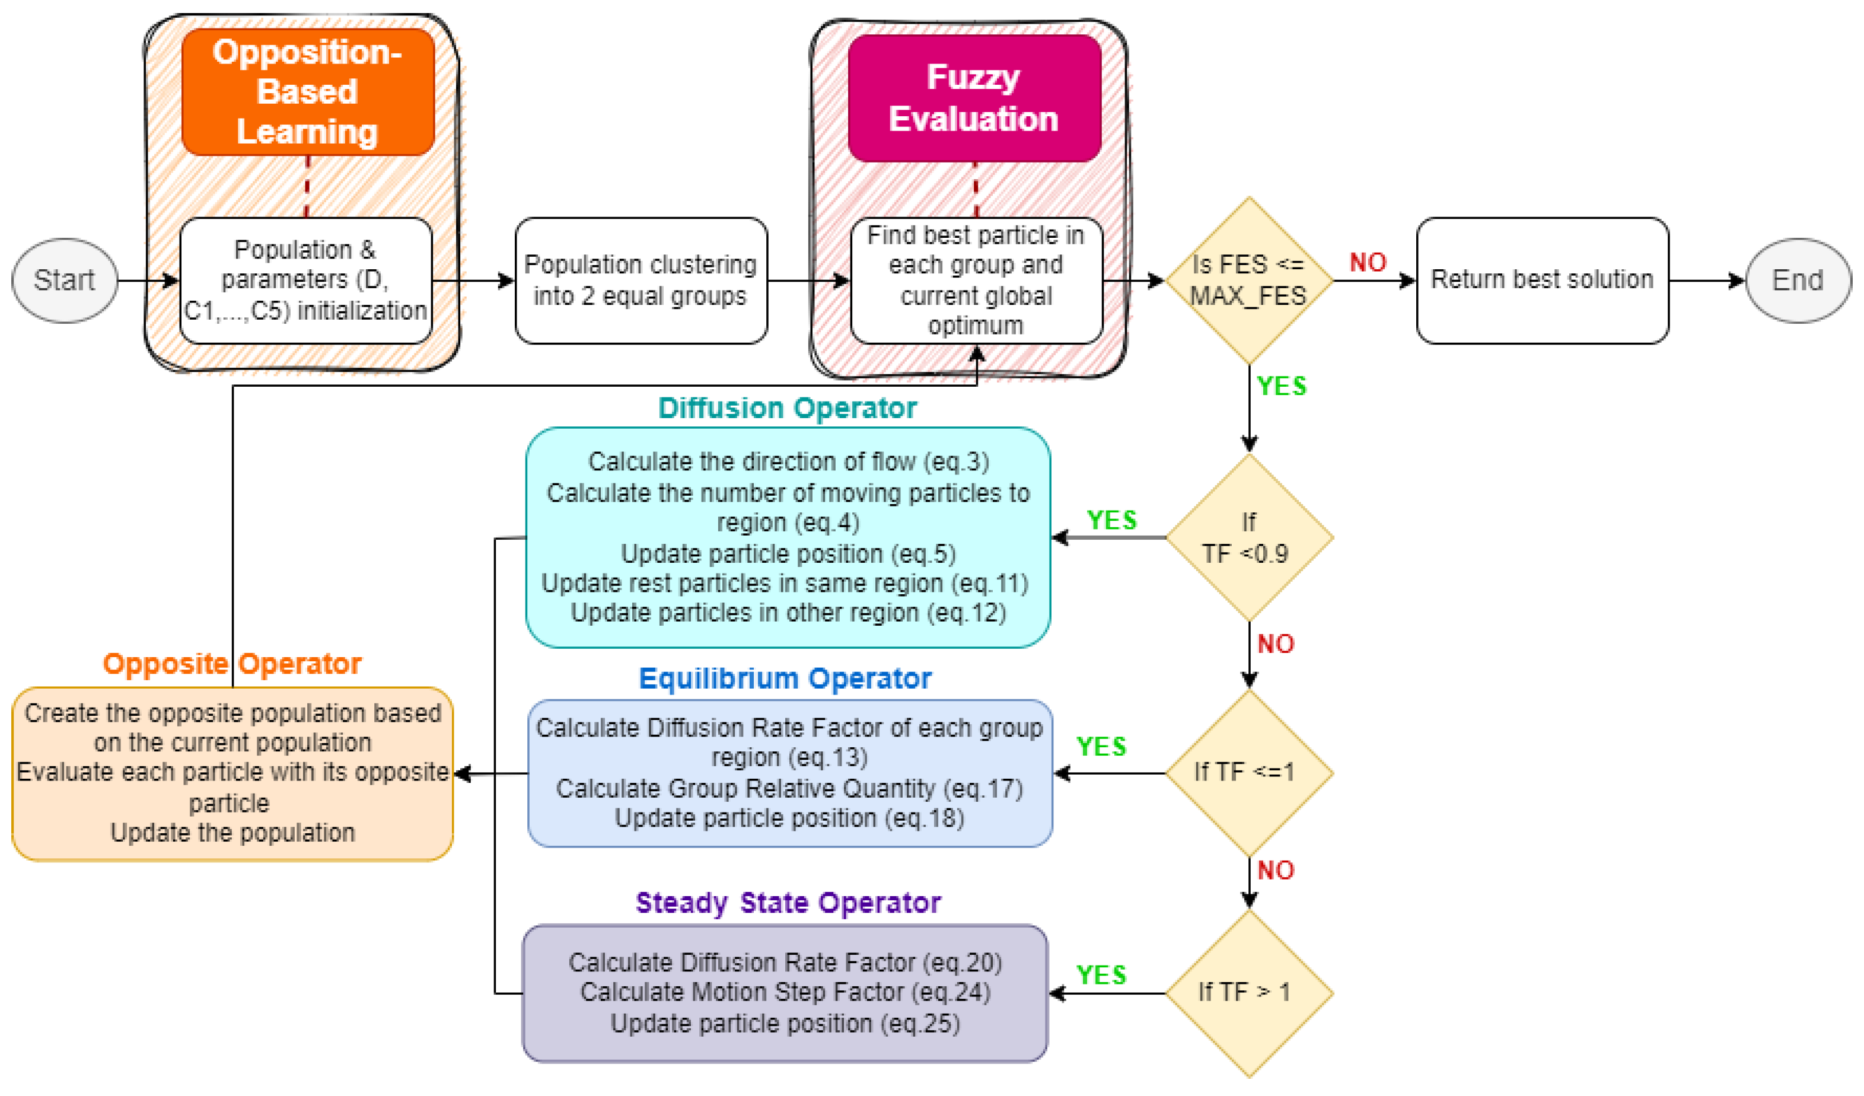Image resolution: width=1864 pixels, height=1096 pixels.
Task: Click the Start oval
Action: pos(65,281)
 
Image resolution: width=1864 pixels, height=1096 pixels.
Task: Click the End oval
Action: pos(1798,281)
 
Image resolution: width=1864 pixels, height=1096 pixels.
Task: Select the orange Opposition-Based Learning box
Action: pos(308,92)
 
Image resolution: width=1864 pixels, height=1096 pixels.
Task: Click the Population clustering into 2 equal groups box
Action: pos(641,281)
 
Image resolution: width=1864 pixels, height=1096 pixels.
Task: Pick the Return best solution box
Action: pos(1542,281)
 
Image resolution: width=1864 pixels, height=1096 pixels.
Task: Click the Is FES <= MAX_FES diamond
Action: pos(1248,281)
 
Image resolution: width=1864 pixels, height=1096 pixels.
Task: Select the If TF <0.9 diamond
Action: pos(1248,538)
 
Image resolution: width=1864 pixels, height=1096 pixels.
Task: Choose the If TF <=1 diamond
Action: pos(1248,773)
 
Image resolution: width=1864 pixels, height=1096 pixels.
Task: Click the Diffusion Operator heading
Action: pos(787,408)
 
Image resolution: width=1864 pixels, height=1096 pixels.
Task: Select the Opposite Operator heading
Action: pos(231,664)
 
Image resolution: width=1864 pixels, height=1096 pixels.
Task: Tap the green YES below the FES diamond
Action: pos(1282,385)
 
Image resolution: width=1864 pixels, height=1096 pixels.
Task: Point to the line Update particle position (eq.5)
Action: pos(788,553)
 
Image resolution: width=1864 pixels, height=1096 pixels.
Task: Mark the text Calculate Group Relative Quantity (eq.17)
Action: pos(789,788)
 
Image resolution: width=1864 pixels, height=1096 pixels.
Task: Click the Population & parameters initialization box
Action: pos(305,281)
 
